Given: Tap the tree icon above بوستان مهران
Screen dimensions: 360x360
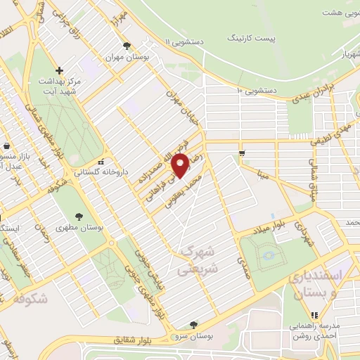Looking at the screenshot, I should [127, 46].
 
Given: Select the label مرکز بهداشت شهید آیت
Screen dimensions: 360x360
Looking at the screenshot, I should [60, 89].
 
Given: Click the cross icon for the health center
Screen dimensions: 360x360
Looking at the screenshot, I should [60, 70].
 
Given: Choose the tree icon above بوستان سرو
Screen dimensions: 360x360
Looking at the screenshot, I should [193, 324].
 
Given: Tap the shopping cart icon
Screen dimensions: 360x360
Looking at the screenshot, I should [243, 153].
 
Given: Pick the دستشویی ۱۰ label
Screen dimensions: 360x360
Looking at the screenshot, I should [259, 91].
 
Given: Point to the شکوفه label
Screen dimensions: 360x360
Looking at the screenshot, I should [30, 298].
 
